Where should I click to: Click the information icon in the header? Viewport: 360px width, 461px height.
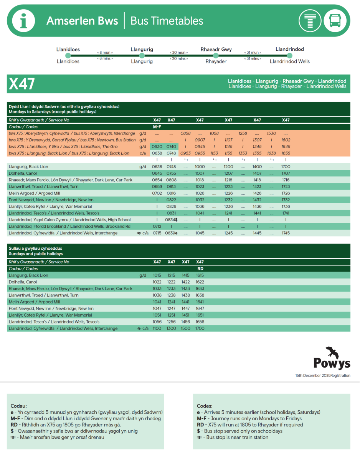[x=23, y=20]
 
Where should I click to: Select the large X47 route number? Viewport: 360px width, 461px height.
[x=22, y=84]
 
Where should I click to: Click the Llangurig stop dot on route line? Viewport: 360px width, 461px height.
[x=142, y=55]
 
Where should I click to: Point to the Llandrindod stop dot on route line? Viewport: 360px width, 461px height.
[x=289, y=55]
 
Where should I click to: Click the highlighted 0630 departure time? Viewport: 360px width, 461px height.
[x=157, y=147]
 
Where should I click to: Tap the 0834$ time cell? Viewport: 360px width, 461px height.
[x=172, y=220]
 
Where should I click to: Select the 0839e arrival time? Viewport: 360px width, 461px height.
[x=172, y=233]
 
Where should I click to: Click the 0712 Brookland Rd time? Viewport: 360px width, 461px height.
[x=157, y=227]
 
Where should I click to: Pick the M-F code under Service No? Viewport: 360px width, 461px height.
[x=157, y=127]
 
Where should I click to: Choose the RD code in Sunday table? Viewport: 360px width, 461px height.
[x=200, y=269]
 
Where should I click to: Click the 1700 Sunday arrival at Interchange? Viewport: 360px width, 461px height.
[x=200, y=328]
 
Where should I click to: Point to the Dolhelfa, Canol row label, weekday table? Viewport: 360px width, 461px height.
[x=23, y=173]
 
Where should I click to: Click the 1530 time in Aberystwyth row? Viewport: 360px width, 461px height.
[x=271, y=133]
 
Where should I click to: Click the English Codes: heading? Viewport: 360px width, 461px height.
[x=205, y=406]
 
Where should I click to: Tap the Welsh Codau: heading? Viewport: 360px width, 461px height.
[x=19, y=406]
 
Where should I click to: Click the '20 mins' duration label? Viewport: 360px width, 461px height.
[x=178, y=59]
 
